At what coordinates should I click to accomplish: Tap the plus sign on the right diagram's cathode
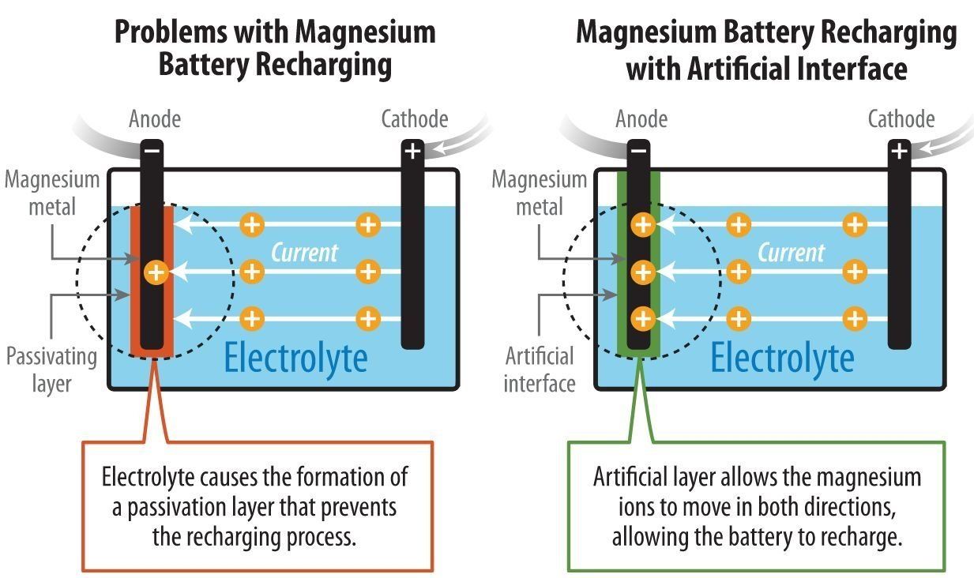[899, 149]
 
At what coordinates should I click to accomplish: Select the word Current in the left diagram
[304, 252]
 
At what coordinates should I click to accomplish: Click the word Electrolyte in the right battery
[782, 357]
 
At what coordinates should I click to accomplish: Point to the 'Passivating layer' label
[52, 370]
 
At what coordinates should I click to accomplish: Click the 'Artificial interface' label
[539, 370]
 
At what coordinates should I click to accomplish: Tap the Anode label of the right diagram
[641, 119]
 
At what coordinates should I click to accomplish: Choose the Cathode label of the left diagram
[415, 119]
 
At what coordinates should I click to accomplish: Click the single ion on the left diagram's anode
[156, 273]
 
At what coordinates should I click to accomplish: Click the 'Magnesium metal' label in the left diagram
[53, 193]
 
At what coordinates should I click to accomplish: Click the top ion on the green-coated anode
[643, 225]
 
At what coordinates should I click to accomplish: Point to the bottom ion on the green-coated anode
[643, 319]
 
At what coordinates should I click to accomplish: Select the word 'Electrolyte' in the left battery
[295, 357]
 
